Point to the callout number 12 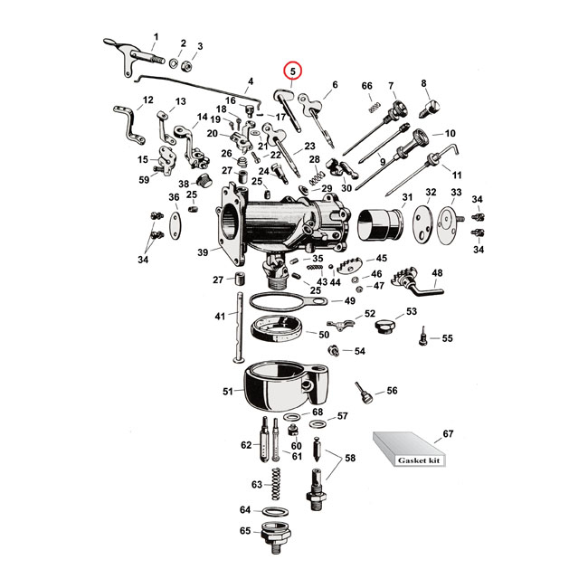(x=147, y=100)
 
